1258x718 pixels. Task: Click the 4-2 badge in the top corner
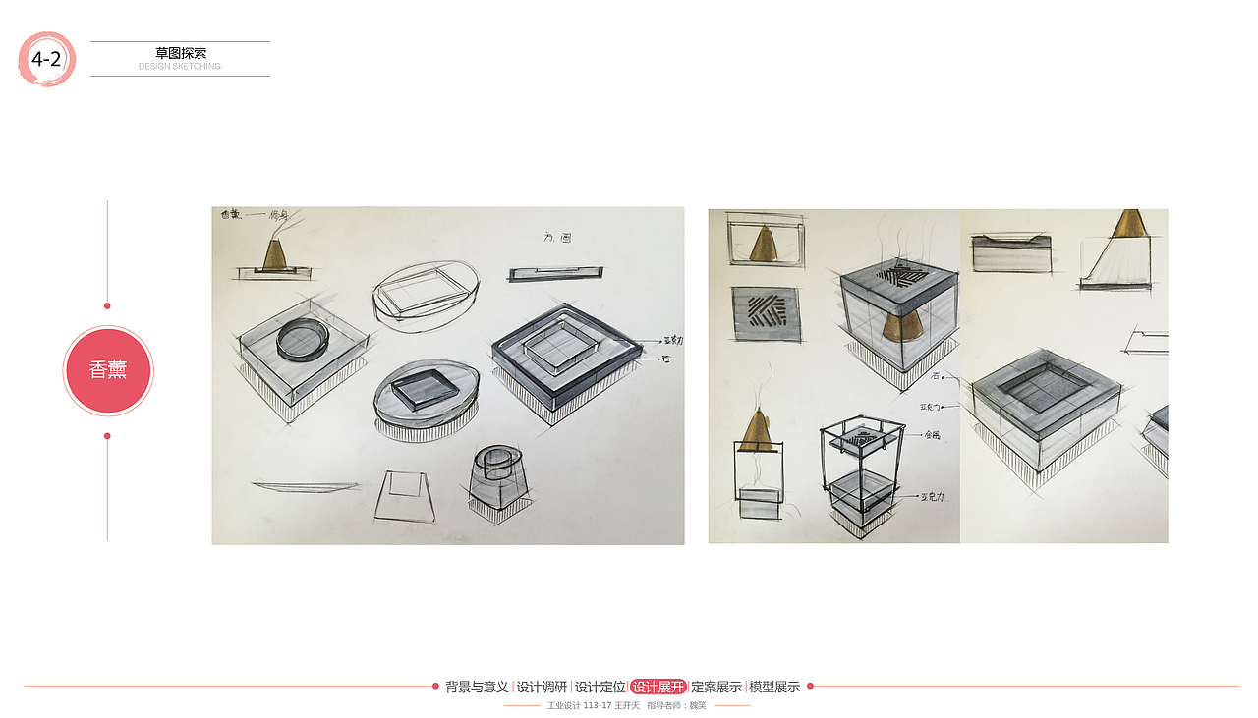tap(46, 59)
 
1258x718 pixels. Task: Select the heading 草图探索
tap(181, 53)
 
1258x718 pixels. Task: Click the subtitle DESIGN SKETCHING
tap(180, 67)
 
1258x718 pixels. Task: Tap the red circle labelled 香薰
tap(108, 370)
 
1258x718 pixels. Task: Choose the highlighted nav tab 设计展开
tap(658, 687)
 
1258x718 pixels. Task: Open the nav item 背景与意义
tap(477, 687)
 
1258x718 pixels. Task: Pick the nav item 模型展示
tap(774, 687)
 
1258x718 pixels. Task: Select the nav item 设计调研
tap(542, 687)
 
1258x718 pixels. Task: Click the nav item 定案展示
tap(715, 687)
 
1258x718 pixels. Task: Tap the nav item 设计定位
tap(600, 687)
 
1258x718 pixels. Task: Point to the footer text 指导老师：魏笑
tap(676, 705)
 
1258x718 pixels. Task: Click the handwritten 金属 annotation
tap(932, 434)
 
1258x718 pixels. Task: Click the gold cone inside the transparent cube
tap(896, 324)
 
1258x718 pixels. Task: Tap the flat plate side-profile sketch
tap(305, 485)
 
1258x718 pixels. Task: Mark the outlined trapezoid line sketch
tap(405, 496)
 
